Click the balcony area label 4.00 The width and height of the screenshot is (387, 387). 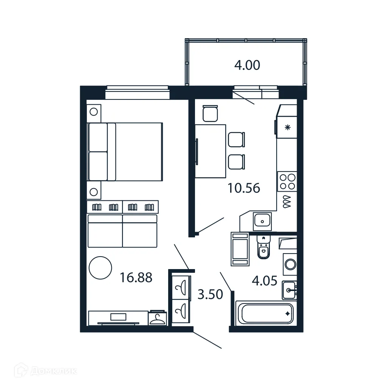pos(247,65)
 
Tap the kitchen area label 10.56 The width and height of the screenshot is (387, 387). pos(244,188)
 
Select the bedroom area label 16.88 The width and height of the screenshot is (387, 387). pos(136,278)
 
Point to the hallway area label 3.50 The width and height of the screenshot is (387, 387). pos(210,294)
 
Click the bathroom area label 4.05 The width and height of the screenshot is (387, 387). pos(265,281)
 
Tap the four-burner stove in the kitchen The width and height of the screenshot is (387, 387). pos(287,181)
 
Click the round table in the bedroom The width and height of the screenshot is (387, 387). pos(100,268)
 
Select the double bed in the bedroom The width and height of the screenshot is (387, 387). pos(125,152)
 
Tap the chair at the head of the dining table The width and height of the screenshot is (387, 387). pos(210,113)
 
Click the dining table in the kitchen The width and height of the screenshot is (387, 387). pos(211,151)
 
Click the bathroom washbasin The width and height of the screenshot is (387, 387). pos(289,290)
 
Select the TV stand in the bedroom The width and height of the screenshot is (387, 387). pos(118,317)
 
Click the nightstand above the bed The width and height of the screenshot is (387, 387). pos(94,112)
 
